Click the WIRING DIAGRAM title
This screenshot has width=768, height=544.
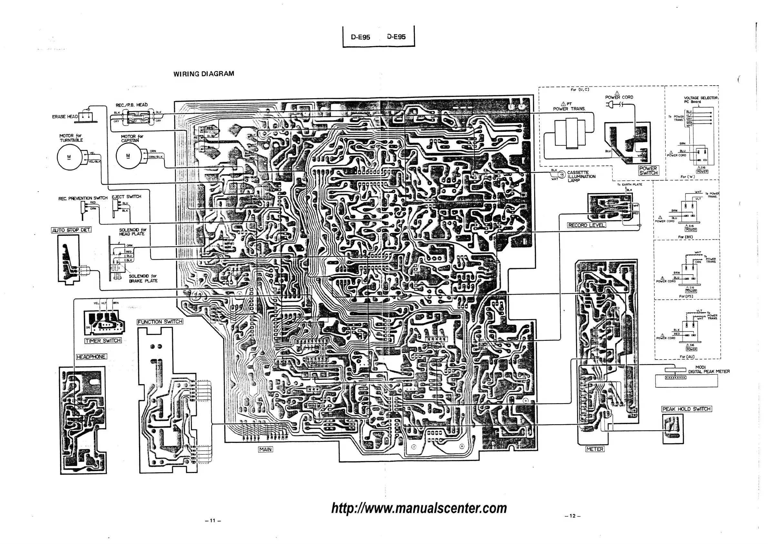(204, 74)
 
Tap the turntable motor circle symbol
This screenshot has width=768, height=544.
(69, 157)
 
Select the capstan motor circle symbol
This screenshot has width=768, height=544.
(128, 156)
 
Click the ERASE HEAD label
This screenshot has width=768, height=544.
(65, 117)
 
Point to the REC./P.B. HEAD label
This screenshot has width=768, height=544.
(132, 105)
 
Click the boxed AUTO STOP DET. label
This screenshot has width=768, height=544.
(71, 230)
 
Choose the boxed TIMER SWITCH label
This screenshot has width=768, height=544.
(103, 341)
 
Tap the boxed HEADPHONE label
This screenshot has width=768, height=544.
(91, 357)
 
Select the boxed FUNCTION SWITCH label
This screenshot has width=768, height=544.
(160, 321)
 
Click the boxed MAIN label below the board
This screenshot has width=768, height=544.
(265, 449)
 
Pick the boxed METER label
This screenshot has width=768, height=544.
(595, 449)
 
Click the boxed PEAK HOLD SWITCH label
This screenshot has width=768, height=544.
(686, 409)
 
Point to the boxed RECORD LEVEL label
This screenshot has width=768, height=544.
(586, 225)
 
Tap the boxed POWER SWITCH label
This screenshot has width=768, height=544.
(648, 171)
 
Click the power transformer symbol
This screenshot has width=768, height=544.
(570, 133)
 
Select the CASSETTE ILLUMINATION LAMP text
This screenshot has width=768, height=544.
(581, 176)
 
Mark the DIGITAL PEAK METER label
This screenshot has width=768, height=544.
(708, 371)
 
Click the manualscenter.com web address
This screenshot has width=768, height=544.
(419, 508)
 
